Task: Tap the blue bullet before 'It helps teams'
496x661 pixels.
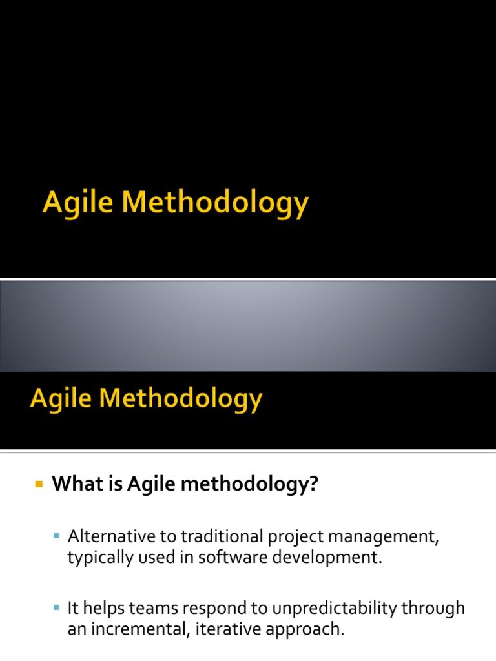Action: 57,607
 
